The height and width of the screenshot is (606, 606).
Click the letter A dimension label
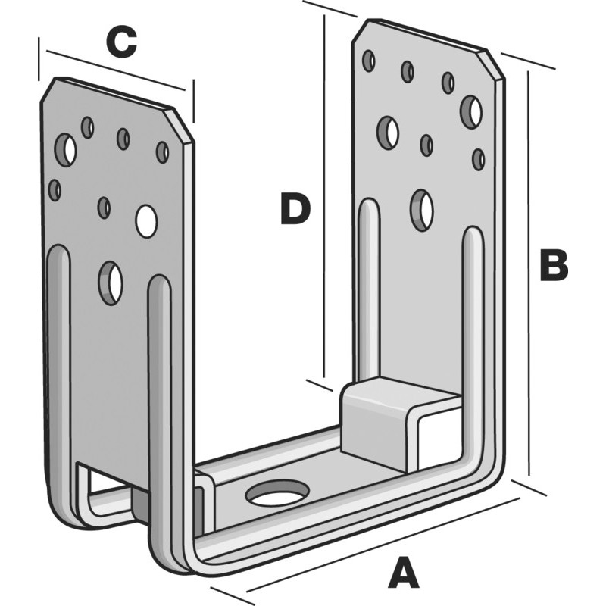[x=403, y=573]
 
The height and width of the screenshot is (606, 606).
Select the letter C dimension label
[x=121, y=43]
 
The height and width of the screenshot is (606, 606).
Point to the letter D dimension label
[x=295, y=210]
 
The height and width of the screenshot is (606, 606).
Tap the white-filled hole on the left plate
[x=146, y=220]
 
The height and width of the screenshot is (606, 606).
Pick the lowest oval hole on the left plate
[x=111, y=283]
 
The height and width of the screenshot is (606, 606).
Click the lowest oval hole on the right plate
[x=422, y=210]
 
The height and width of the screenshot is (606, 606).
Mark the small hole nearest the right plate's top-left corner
[x=369, y=61]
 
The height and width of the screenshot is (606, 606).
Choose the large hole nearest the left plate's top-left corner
[x=67, y=149]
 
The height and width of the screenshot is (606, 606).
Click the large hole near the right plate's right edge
[x=471, y=112]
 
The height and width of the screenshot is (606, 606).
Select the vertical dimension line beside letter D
[x=325, y=197]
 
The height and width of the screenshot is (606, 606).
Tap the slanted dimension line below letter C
[x=114, y=70]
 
